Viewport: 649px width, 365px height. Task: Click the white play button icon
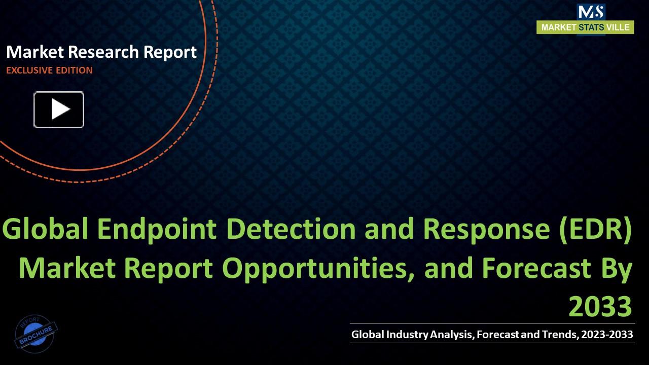pos(59,109)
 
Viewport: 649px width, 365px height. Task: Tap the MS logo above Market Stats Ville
pos(591,12)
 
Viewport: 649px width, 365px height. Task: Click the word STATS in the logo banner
pos(591,27)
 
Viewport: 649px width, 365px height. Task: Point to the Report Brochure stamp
pos(36,332)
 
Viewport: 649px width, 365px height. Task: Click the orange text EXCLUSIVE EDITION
pos(49,70)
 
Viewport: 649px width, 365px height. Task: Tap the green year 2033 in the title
pos(600,307)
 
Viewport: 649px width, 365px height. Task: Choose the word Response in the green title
pos(485,230)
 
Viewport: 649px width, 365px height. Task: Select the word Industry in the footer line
pos(407,334)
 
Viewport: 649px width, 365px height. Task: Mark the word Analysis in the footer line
pos(449,334)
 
